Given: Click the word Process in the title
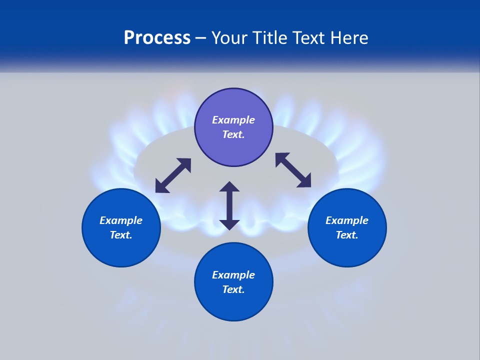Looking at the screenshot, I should [157, 38].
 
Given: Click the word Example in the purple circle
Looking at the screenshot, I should [233, 120].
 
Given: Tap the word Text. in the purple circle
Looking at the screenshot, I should [233, 134].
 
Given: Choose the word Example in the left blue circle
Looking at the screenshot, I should [121, 220].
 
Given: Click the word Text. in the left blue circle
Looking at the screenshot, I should [121, 235].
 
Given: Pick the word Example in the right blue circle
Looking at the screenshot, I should [347, 220].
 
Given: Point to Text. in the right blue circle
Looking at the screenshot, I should [347, 235].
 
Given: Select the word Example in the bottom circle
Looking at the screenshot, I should [233, 275].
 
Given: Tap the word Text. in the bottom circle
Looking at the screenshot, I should [233, 289].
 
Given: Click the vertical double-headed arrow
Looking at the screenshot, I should [229, 205].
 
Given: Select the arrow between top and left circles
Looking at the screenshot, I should [173, 175].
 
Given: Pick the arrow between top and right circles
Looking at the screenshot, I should [293, 170].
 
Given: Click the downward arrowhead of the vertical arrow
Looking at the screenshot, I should [229, 224].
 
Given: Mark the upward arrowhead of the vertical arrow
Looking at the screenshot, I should [229, 187].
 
